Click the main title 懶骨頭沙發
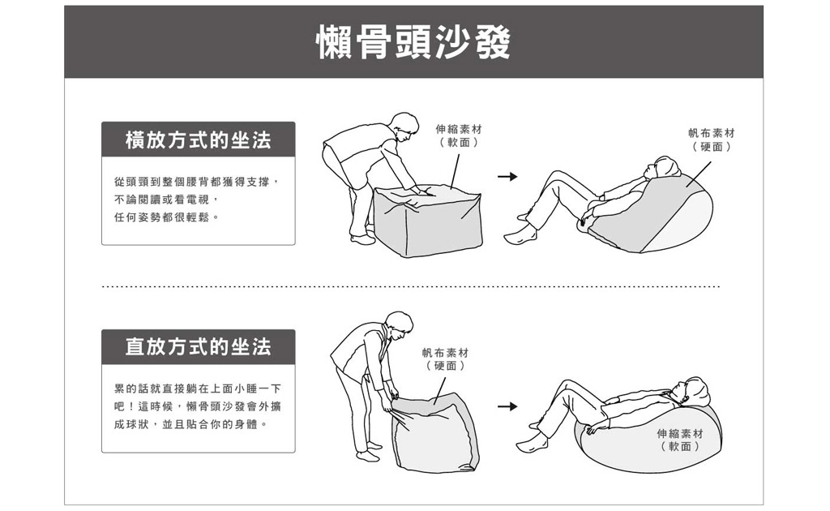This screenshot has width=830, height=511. (x=413, y=42)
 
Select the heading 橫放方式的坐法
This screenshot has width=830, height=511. (x=198, y=140)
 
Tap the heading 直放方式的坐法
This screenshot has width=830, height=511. (x=198, y=347)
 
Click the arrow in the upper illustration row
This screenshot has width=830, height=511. (x=507, y=176)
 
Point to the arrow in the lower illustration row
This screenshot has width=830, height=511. (x=507, y=406)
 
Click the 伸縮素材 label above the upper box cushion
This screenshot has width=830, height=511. (x=459, y=135)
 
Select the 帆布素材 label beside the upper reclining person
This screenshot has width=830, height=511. (x=712, y=140)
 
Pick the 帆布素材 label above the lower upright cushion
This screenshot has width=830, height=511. (x=445, y=359)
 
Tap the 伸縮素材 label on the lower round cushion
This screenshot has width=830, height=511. (x=680, y=440)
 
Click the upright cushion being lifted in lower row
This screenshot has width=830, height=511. (x=435, y=432)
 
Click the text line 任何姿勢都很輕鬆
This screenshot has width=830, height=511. (x=166, y=217)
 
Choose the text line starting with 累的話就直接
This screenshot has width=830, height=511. (x=198, y=389)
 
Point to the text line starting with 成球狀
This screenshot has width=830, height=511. (x=190, y=425)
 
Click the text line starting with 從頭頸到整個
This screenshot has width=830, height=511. (x=196, y=182)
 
